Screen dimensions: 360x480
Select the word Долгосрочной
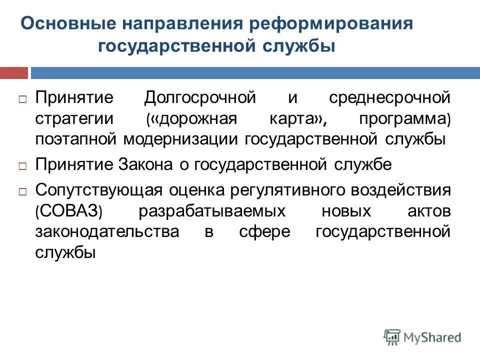click(x=200, y=97)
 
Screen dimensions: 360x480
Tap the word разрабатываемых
click(x=212, y=211)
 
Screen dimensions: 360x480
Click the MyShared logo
click(x=422, y=336)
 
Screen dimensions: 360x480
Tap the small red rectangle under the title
click(x=13, y=73)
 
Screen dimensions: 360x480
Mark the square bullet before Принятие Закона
click(x=23, y=165)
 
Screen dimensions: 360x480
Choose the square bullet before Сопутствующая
click(x=23, y=191)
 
